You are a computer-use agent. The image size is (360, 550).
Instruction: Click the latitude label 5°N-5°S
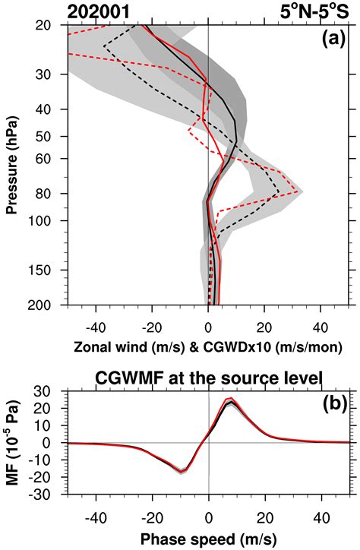pos(321,11)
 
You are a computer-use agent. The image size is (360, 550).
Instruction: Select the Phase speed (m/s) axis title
pos(209,540)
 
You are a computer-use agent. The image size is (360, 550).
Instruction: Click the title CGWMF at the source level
pos(208,378)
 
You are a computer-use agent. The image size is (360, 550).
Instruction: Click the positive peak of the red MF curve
pos(231,400)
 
